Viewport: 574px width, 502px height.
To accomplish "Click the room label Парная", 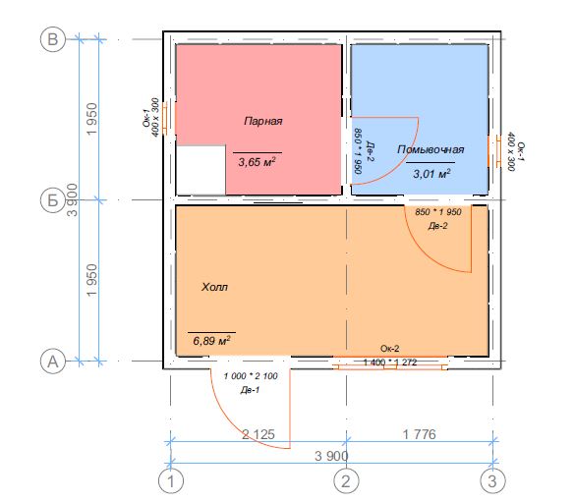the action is (263, 121).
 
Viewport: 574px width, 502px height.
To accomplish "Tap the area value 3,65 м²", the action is (257, 162).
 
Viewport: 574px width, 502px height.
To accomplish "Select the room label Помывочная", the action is (430, 149).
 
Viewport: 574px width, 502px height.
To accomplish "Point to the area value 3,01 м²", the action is (431, 174).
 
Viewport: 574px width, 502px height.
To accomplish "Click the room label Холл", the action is (214, 287).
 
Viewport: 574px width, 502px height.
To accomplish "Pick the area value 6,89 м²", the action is (211, 341).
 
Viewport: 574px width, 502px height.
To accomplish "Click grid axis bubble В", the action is (53, 39).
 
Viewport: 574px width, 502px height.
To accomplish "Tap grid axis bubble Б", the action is (53, 200).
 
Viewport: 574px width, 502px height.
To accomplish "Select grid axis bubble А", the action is (53, 362).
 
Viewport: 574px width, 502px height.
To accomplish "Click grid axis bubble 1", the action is (171, 481).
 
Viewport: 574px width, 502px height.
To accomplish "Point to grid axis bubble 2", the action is (346, 481).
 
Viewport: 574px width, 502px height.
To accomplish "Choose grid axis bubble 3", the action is (492, 481).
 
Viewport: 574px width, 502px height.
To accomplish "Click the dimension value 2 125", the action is (258, 434).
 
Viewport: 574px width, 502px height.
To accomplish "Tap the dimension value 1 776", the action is (420, 434).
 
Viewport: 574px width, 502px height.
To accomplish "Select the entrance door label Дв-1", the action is (250, 390).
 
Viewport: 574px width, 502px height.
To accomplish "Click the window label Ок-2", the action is (390, 349).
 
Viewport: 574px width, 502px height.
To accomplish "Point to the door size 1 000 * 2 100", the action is (251, 376).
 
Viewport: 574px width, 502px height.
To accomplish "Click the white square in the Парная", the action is (201, 170).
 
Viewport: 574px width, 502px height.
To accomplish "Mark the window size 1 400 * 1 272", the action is (390, 363).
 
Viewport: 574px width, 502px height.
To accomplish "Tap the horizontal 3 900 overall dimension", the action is (331, 456).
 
